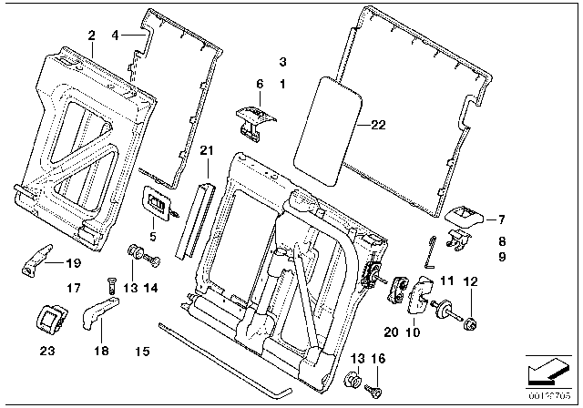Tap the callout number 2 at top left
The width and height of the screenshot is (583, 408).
point(91,35)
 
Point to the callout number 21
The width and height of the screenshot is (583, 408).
point(207,150)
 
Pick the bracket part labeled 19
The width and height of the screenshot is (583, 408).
point(36,258)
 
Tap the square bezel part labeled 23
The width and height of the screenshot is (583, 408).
point(46,318)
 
